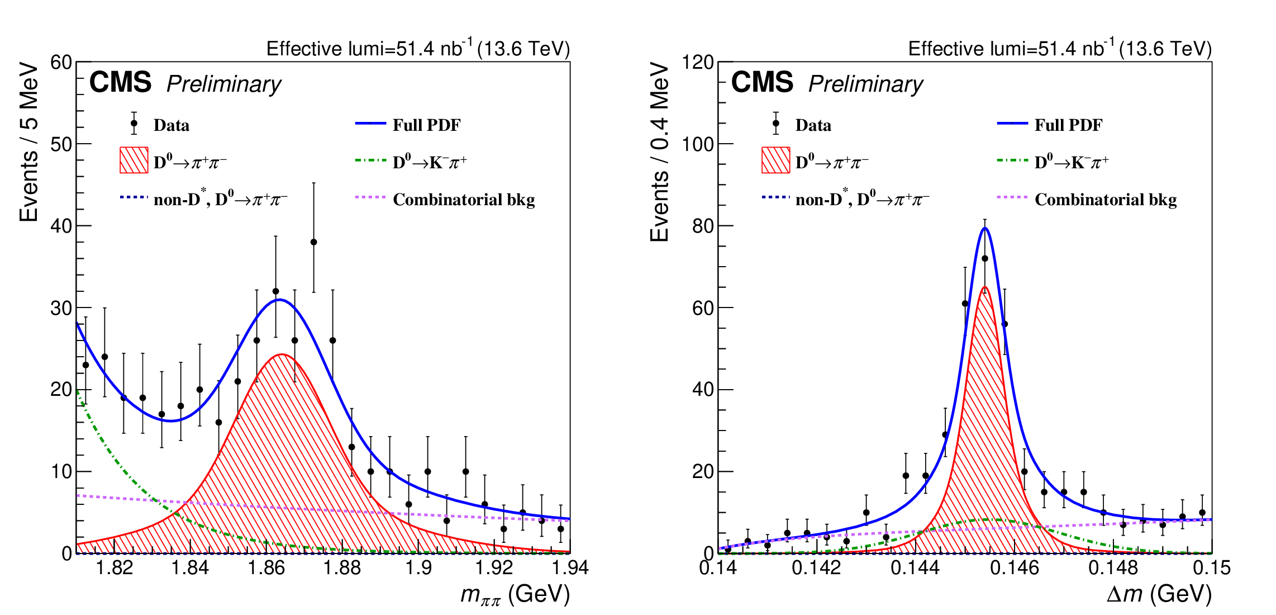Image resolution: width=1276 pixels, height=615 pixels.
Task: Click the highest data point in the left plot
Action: tap(313, 242)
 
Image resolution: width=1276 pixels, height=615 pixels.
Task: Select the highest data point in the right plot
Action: tap(985, 258)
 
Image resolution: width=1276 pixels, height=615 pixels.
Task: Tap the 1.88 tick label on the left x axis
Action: tap(342, 568)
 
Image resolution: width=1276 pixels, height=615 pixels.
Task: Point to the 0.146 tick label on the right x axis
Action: tap(1015, 568)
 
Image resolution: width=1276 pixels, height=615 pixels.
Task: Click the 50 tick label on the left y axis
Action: tap(61, 144)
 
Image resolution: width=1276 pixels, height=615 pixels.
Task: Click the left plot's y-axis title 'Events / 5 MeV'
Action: tap(29, 143)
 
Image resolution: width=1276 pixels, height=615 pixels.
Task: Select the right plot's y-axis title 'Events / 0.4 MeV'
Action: tap(660, 152)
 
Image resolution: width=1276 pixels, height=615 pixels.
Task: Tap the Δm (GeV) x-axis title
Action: tap(1159, 594)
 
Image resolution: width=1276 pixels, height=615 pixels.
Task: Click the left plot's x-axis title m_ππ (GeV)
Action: tap(515, 594)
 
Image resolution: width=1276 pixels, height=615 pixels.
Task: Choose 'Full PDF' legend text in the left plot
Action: tap(426, 125)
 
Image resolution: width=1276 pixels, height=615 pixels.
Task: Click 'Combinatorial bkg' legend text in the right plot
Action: tap(1106, 200)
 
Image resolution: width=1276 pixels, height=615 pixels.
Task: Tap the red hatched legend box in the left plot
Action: tap(134, 160)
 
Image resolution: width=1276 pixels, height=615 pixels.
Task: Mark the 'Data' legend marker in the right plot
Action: tap(776, 124)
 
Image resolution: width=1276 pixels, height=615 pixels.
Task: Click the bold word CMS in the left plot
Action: tap(120, 83)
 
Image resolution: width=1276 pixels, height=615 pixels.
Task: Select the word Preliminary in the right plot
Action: tap(865, 84)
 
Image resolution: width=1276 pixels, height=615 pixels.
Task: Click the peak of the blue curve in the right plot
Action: tap(985, 228)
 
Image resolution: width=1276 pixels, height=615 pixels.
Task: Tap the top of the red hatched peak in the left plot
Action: tap(282, 354)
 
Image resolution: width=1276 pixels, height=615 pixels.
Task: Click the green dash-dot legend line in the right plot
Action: tap(1012, 161)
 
